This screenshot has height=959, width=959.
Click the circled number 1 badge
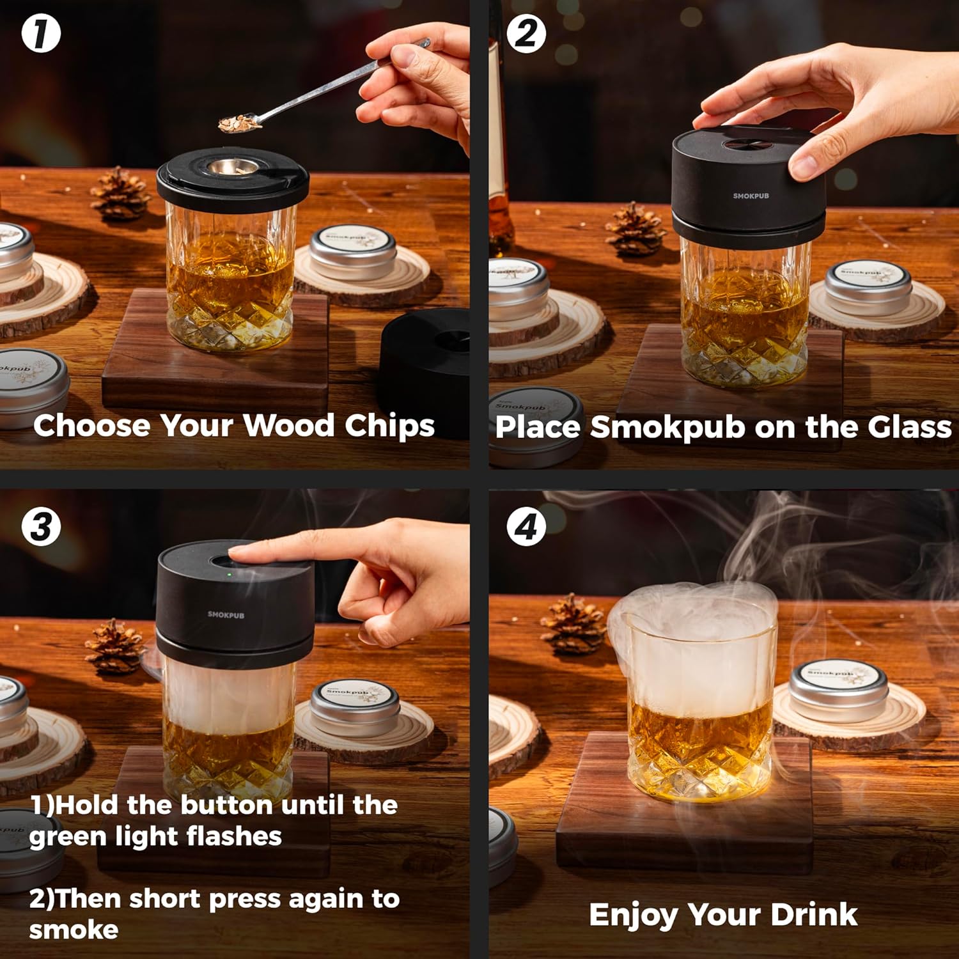41,34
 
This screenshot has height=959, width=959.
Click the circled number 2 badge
526,34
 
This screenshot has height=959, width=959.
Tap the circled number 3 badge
41,527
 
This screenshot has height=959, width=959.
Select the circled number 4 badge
526,527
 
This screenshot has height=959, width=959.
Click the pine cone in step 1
120,194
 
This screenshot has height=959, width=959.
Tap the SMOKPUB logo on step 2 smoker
751,196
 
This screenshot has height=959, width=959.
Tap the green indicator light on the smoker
228,573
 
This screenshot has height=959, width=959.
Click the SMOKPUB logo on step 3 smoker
226,614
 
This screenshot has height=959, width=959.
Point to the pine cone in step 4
573,624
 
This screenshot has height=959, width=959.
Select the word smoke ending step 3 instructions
74,930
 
